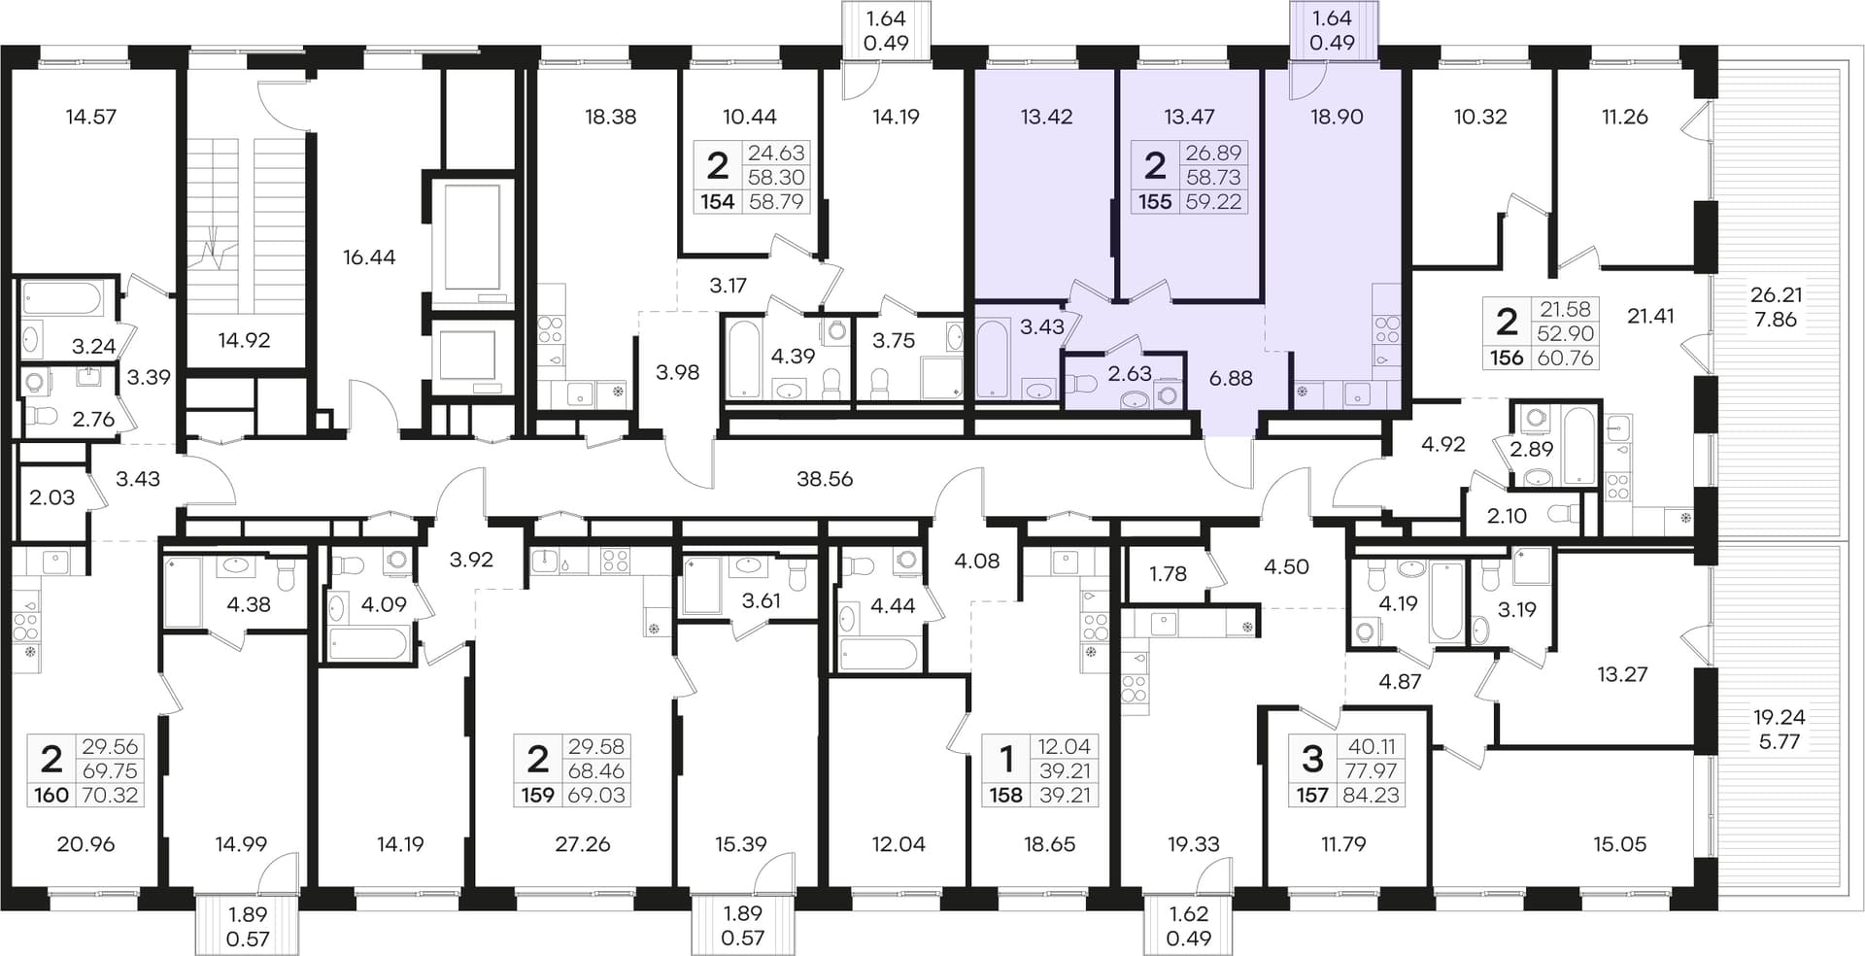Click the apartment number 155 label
pyautogui.click(x=1155, y=202)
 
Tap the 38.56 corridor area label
pyautogui.click(x=825, y=479)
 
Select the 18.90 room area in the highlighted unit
pyautogui.click(x=1337, y=117)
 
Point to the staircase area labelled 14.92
pyautogui.click(x=244, y=340)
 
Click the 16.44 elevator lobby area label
pyautogui.click(x=369, y=257)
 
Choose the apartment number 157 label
pyautogui.click(x=1312, y=796)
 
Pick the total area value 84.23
pyautogui.click(x=1371, y=796)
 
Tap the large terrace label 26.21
pyautogui.click(x=1777, y=294)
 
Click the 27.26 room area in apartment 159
pyautogui.click(x=583, y=844)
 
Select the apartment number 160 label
pyautogui.click(x=51, y=796)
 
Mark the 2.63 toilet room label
pyautogui.click(x=1130, y=373)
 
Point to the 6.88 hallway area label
pyautogui.click(x=1231, y=378)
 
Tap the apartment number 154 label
pyautogui.click(x=718, y=202)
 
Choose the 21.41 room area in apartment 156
pyautogui.click(x=1651, y=315)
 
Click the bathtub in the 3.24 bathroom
pyautogui.click(x=61, y=298)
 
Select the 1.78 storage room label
pyautogui.click(x=1168, y=574)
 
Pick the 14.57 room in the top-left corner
pyautogui.click(x=91, y=117)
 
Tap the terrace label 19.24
pyautogui.click(x=1779, y=717)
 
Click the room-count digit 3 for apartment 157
pyautogui.click(x=1312, y=757)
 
